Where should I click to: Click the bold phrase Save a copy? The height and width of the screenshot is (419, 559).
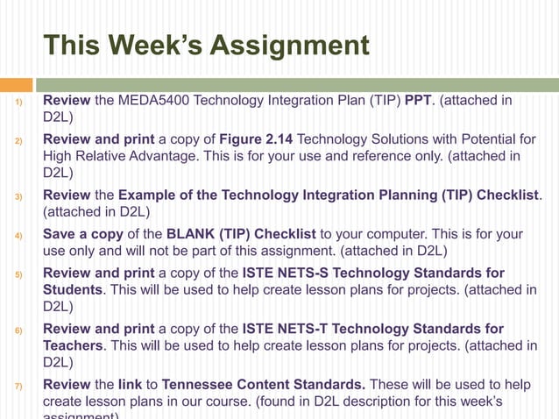point(81,234)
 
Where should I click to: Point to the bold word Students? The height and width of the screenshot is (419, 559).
point(73,290)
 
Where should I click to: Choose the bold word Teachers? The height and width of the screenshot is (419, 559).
point(74,345)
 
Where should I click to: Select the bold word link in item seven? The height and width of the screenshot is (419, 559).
point(130,385)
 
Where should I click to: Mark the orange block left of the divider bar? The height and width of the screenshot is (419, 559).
point(16,85)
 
